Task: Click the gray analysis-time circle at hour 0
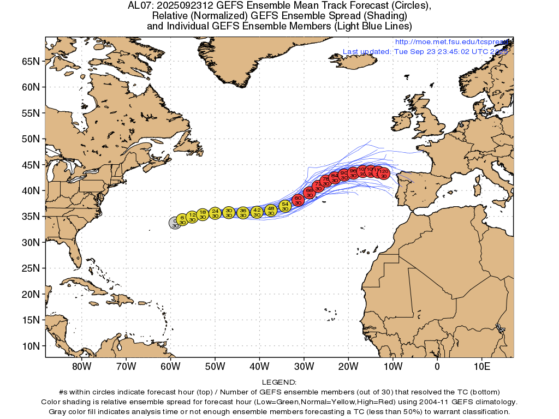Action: pyautogui.click(x=175, y=223)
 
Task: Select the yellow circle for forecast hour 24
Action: pyautogui.click(x=215, y=213)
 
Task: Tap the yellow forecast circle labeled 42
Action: pyautogui.click(x=257, y=212)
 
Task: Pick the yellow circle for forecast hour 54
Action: pyautogui.click(x=285, y=206)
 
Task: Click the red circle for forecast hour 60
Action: pyautogui.click(x=298, y=200)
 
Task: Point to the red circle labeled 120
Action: pyautogui.click(x=384, y=173)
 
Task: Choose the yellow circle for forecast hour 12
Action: pyautogui.click(x=192, y=217)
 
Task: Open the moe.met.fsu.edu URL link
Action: pyautogui.click(x=452, y=42)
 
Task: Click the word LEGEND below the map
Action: pyautogui.click(x=279, y=382)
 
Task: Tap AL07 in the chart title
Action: pyautogui.click(x=138, y=6)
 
